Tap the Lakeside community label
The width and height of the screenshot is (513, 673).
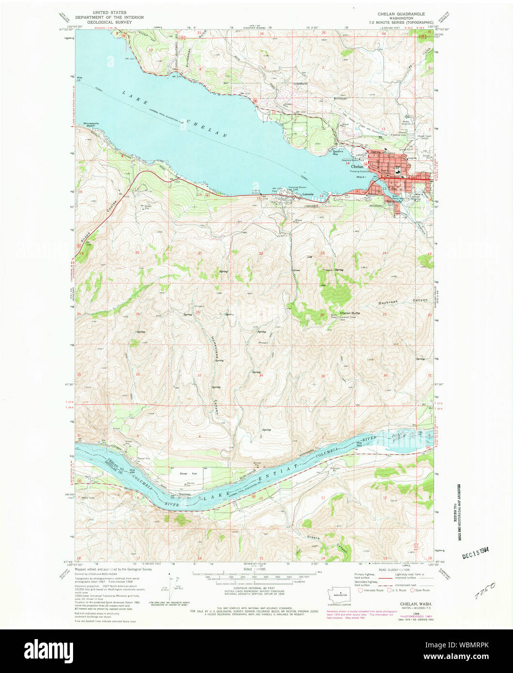point(308,195)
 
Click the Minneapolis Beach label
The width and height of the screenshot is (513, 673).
point(93,124)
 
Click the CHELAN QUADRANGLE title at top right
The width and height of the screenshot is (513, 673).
point(401,14)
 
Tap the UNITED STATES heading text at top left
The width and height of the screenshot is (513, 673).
point(110,13)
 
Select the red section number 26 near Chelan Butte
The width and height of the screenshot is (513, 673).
point(322,315)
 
